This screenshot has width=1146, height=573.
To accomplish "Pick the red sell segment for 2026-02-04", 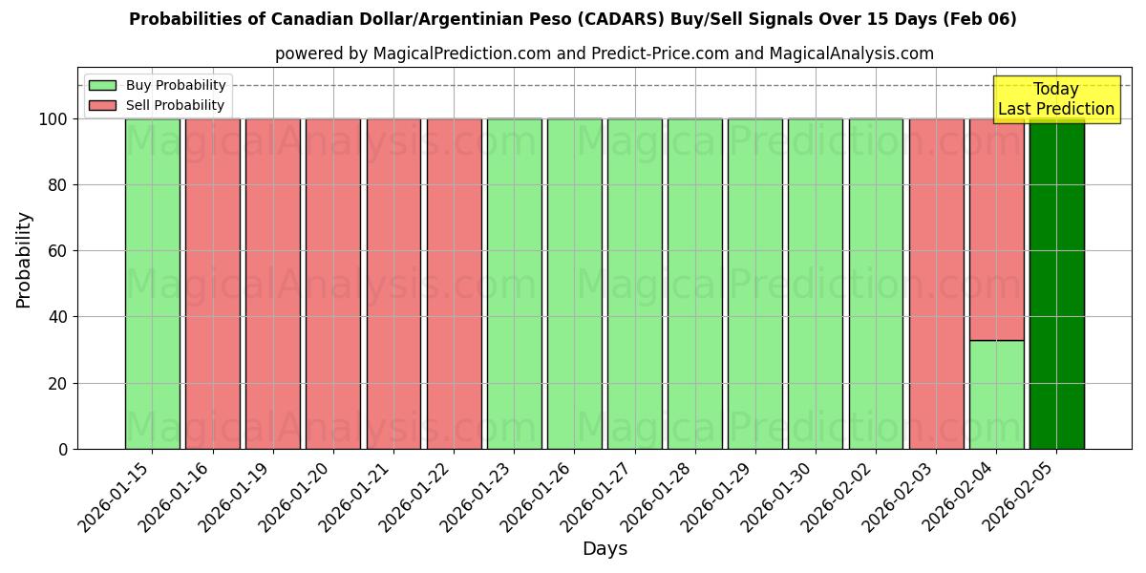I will [x=996, y=229].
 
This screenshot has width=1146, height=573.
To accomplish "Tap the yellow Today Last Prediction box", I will [x=1055, y=99].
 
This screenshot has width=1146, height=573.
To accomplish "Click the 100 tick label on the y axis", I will [x=52, y=119].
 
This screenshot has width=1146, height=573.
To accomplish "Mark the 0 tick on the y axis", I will [x=63, y=449].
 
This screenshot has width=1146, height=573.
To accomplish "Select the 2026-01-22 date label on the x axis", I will [x=417, y=496].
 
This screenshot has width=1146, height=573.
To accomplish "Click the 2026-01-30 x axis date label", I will [x=779, y=496].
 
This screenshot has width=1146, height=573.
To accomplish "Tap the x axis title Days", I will [x=605, y=549].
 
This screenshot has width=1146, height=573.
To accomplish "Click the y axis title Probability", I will [x=24, y=259].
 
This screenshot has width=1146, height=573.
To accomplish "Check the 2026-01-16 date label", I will [x=176, y=496].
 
